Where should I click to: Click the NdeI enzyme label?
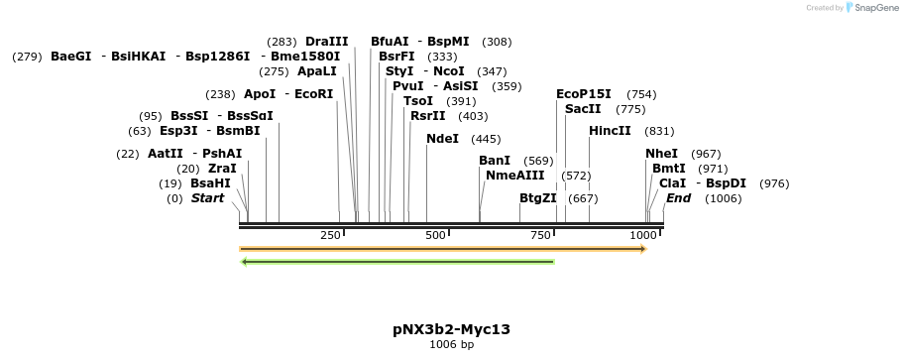442,139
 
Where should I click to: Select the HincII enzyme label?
610,131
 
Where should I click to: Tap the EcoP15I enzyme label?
584,94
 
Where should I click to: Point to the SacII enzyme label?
583,109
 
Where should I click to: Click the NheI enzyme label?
661,154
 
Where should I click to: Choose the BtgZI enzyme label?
538,198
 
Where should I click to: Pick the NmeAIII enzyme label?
515,176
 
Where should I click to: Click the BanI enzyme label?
495,161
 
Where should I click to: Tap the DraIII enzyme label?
327,42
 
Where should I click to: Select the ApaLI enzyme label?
317,71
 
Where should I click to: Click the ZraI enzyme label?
222,169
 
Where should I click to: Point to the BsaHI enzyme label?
210,183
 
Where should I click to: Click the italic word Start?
208,198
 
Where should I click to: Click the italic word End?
678,198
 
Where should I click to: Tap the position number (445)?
486,139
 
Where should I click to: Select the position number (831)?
659,131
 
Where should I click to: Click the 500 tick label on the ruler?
435,235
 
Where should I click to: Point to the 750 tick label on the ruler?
540,235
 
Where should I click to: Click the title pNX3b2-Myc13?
451,328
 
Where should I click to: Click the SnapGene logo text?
877,7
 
